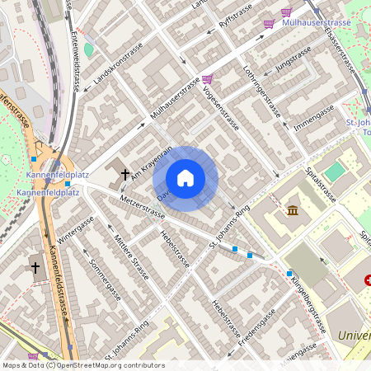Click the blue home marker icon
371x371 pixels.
pos(185,177)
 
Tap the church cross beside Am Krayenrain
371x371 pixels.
pos(125,174)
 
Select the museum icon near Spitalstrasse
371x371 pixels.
pos(293,210)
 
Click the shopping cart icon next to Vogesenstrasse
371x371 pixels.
pos(207,79)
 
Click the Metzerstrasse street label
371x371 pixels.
pos(142,206)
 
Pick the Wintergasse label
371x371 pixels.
pos(76,234)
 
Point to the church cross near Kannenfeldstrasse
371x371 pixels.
pos(35,266)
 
